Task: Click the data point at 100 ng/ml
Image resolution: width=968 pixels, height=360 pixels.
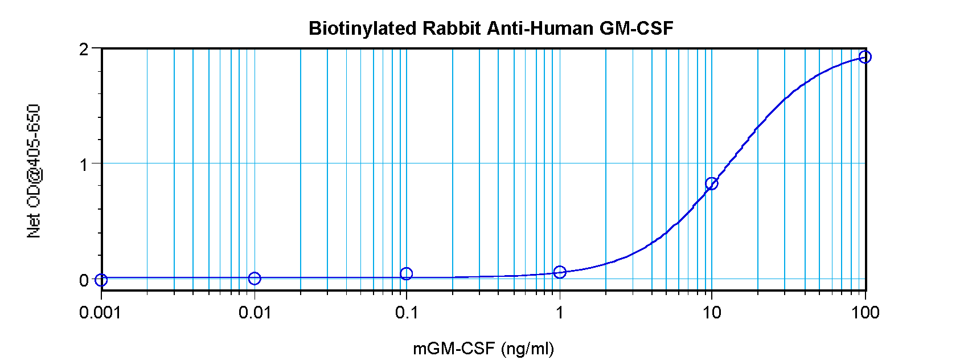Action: (865, 56)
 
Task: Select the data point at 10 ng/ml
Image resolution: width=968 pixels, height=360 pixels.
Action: (711, 183)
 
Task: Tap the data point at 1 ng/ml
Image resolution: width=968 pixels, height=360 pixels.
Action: (560, 272)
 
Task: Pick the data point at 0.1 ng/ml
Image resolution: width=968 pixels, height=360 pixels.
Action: (406, 274)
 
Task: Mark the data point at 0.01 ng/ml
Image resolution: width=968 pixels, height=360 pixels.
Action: (255, 279)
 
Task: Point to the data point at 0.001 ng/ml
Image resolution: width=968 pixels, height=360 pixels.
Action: (101, 280)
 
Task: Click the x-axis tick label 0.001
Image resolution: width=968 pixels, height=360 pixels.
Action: (100, 312)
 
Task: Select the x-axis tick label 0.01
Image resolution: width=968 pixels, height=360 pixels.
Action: (255, 312)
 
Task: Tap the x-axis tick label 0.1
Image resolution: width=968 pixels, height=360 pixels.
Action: (406, 312)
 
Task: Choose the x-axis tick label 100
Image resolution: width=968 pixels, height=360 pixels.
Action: (865, 312)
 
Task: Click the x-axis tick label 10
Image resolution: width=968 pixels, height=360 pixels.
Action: (711, 312)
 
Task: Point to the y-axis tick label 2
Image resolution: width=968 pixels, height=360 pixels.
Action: (84, 49)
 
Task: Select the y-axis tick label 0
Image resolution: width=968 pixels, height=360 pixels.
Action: (84, 280)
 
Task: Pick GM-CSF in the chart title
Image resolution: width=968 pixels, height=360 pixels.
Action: (636, 28)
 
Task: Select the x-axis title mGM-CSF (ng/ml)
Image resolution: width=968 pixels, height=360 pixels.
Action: (483, 348)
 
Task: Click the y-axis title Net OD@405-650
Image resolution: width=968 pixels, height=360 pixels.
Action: (34, 171)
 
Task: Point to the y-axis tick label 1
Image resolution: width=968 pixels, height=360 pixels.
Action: (84, 165)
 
